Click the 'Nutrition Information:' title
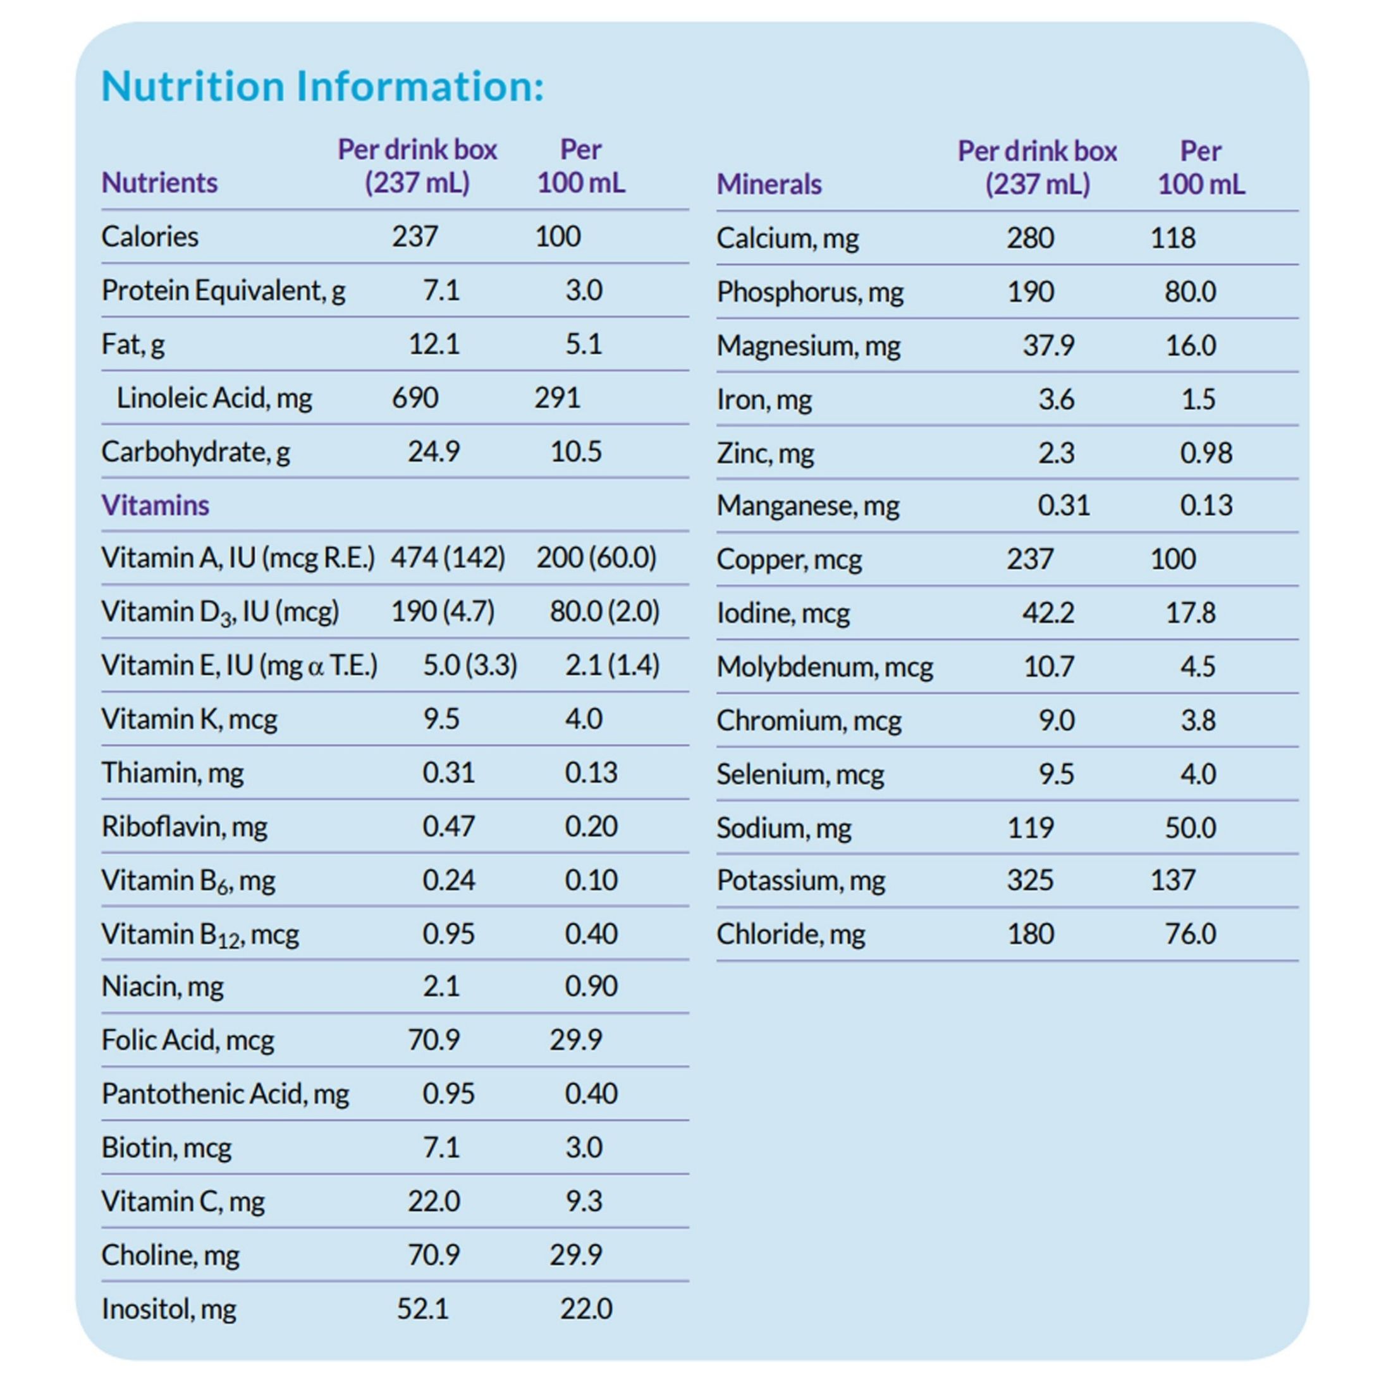[x=322, y=86]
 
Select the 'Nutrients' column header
[x=159, y=182]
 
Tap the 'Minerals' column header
[x=768, y=185]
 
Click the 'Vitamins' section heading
[x=155, y=505]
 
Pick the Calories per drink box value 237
[x=414, y=236]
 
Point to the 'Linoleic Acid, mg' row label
[x=214, y=398]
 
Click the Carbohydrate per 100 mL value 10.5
[x=575, y=451]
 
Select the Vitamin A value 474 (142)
[x=447, y=557]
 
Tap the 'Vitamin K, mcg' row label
[x=188, y=718]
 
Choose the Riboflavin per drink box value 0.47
[x=448, y=826]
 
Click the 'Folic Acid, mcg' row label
[x=187, y=1039]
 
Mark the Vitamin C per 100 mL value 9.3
[x=583, y=1201]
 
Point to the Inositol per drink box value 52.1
[x=422, y=1308]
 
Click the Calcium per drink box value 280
[x=1029, y=238]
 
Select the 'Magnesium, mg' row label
[x=808, y=346]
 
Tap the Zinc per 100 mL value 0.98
[x=1205, y=453]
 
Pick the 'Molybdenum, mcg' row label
[x=824, y=666]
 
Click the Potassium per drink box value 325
[x=1029, y=880]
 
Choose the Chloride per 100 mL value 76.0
[x=1190, y=934]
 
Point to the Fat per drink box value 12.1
[x=434, y=343]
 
